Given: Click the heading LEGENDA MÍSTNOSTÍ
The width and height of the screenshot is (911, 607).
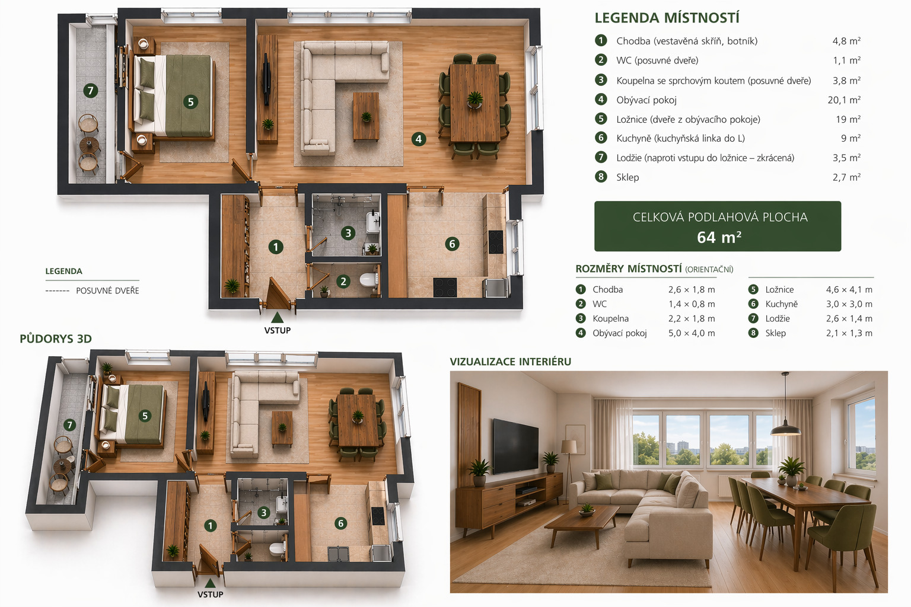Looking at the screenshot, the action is click(667, 18).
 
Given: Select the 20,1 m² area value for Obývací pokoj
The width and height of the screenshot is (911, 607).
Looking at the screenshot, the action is click(844, 100).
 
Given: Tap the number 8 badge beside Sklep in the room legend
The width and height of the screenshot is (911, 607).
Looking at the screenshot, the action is click(601, 177).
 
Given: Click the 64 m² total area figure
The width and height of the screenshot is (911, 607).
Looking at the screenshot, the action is click(719, 237).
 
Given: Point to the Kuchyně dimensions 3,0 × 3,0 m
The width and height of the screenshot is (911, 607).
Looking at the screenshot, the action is click(849, 304).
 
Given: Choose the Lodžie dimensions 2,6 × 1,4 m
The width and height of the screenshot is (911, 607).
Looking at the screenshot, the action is click(849, 319).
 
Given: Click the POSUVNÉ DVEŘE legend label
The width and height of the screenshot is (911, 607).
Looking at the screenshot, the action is click(107, 290).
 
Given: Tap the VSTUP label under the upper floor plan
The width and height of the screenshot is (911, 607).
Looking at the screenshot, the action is click(278, 331).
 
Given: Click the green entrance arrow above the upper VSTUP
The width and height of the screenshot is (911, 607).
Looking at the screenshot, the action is click(278, 318).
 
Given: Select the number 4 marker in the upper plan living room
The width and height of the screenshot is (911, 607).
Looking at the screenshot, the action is click(419, 139).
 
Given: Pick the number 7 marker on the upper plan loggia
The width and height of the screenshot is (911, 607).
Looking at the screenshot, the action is click(90, 90).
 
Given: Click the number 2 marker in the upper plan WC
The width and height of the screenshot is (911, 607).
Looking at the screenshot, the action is click(343, 282).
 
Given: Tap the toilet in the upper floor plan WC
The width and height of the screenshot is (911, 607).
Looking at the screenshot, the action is click(370, 280).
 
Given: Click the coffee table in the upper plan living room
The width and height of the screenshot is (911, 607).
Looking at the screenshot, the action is click(366, 117).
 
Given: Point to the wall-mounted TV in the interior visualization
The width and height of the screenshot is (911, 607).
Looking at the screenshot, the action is click(515, 446).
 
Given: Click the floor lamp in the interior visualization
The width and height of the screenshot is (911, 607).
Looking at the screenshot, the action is click(569, 468).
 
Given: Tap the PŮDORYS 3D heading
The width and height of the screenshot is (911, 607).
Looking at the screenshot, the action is click(56, 338).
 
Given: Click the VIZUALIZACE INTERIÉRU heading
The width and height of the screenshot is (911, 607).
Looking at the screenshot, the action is click(511, 362).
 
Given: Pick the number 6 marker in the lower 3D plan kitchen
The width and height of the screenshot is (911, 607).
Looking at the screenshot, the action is click(340, 523).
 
